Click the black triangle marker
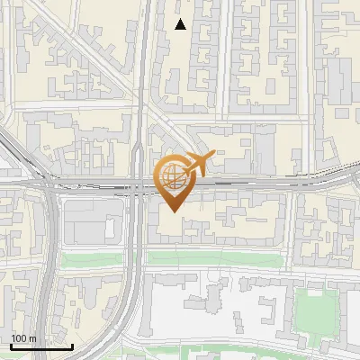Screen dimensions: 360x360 (181, 24)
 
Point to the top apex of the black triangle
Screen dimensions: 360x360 (181, 19)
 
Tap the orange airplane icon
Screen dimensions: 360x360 (199, 165)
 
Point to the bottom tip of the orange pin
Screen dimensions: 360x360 (173, 212)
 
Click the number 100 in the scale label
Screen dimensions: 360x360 (19, 338)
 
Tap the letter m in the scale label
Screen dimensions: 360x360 (32, 338)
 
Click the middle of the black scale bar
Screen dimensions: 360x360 (41, 346)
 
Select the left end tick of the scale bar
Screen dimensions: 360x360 (11, 346)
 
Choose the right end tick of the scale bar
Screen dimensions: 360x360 (72, 346)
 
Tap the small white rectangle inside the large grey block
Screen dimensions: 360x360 (111, 228)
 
